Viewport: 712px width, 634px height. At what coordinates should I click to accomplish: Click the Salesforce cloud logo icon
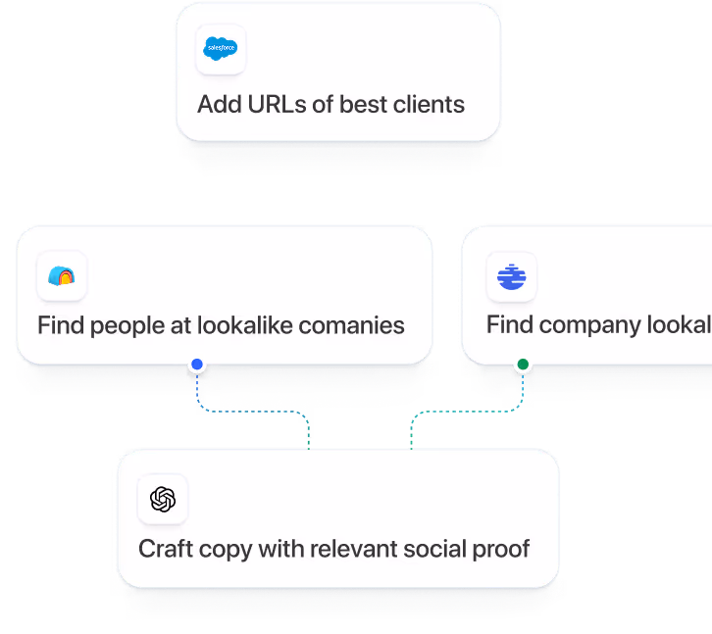220,49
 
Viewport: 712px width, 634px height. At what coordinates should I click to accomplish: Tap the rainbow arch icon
61,276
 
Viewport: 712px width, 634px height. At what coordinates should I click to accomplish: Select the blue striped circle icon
511,276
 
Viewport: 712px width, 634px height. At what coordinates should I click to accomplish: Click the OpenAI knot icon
163,500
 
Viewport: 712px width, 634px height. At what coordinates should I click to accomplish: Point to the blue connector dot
197,365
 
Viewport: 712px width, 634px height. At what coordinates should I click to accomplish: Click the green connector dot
523,365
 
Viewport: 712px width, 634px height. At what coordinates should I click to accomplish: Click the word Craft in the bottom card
166,549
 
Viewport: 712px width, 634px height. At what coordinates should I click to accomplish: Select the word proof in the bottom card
502,549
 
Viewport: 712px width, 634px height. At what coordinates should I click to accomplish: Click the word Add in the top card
218,104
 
